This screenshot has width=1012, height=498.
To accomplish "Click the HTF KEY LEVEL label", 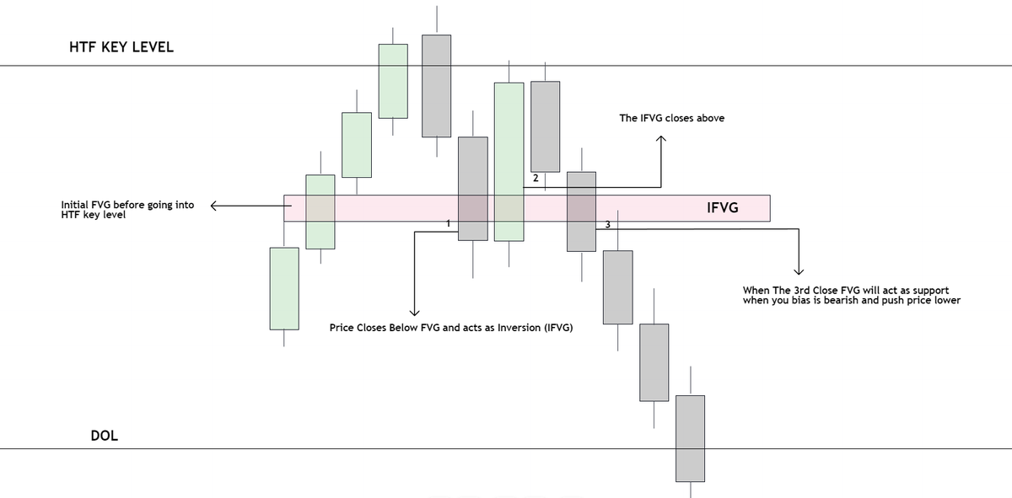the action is coord(121,47).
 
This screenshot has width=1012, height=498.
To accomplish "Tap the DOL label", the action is coord(105,436).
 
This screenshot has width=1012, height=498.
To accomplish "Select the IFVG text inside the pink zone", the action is coord(722,207).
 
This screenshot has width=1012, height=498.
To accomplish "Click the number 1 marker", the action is coord(449,223).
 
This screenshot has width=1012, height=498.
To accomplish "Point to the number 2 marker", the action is coord(536,179).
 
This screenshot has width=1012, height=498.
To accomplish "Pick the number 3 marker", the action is coord(608,223).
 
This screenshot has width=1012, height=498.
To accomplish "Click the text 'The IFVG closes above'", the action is coord(671,119).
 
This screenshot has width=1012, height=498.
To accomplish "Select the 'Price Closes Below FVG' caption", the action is coord(451,327).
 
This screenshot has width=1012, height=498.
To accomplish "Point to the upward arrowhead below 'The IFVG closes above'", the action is coord(661,142).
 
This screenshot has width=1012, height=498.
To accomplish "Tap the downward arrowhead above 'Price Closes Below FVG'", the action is coord(414,313).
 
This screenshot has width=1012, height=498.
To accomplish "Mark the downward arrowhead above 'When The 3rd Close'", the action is coord(798,271).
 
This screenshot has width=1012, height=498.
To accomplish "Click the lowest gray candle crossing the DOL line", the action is coord(690,438).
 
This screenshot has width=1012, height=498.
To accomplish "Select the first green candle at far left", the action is coord(284,288).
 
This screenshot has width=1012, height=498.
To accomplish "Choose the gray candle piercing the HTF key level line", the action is coord(436,85).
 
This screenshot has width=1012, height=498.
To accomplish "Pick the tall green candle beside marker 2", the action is coord(509,161).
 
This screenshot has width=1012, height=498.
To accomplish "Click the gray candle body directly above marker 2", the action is coord(545,126).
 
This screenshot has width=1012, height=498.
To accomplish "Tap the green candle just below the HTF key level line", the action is coord(393,81).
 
